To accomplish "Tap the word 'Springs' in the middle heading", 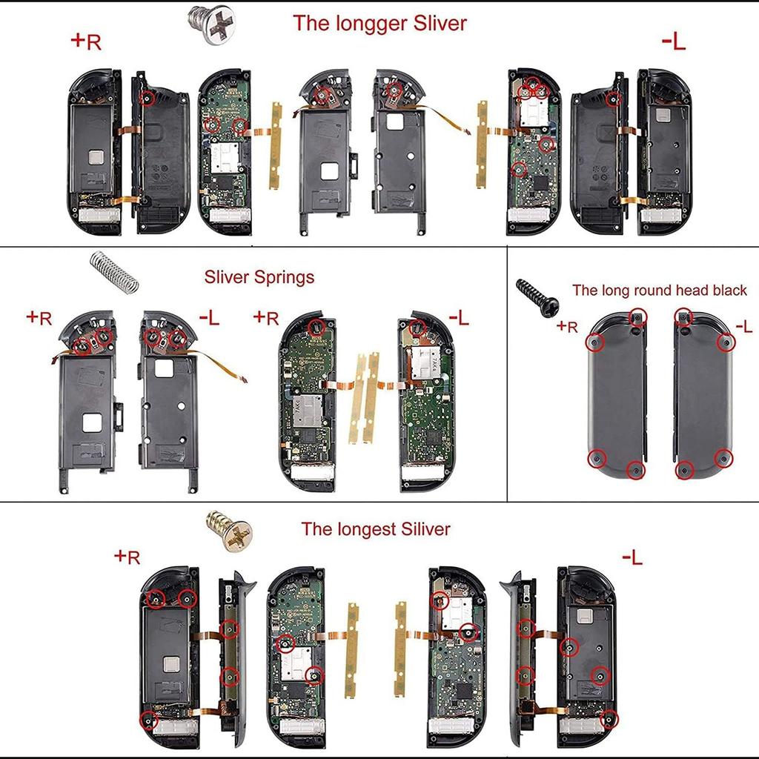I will (x=282, y=277).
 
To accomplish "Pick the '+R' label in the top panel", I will (x=86, y=42).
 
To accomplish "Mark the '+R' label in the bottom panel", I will (x=127, y=556).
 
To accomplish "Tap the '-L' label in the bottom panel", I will (x=632, y=557).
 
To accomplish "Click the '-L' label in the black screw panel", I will (x=743, y=326).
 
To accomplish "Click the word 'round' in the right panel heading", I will (x=645, y=290).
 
